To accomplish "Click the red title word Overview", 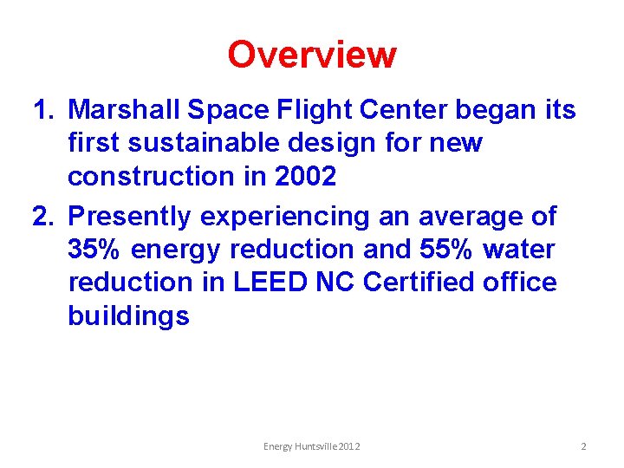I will pos(311,55).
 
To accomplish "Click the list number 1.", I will pos(43,110).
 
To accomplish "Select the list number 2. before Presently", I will pos(45,216).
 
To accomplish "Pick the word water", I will pos(519,250).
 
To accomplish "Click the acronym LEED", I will pos(263,283).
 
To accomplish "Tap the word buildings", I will pos(128,316).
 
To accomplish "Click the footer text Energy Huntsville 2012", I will pos(312,446).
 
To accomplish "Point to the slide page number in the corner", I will pos(583,446).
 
